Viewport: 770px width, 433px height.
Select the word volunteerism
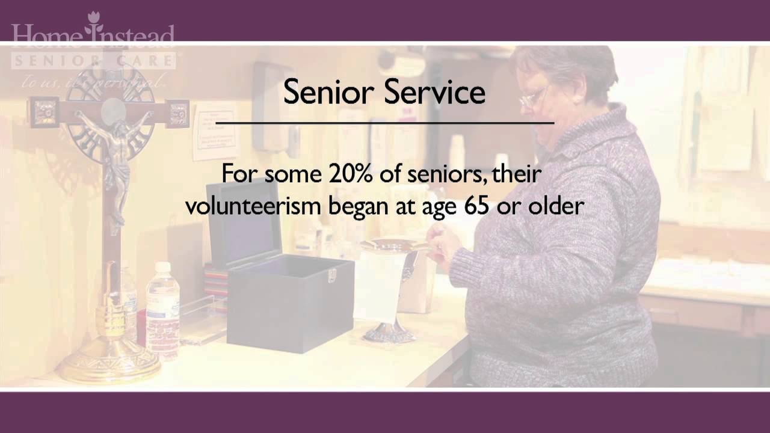click(x=253, y=206)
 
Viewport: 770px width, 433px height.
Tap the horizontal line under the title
click(x=384, y=123)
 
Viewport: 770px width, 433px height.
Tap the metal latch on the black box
click(x=330, y=276)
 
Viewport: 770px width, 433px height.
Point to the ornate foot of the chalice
click(x=387, y=333)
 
